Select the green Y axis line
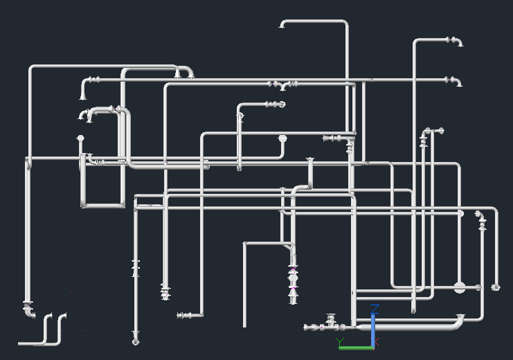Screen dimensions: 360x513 [x=356, y=347]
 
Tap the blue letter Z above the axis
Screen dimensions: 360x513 [x=375, y=307]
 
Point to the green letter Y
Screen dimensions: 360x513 [x=341, y=341]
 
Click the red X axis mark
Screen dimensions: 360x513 [x=377, y=341]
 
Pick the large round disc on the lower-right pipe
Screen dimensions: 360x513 [x=460, y=287]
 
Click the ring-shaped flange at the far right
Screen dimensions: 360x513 [x=496, y=287]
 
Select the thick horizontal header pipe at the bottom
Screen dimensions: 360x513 [x=408, y=325]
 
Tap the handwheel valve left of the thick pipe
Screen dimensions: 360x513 [x=331, y=321]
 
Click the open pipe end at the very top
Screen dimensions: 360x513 [x=282, y=26]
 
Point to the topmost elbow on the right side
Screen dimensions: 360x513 [x=456, y=42]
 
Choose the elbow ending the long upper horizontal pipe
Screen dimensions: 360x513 [x=456, y=82]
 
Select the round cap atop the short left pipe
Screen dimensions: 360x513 [x=80, y=138]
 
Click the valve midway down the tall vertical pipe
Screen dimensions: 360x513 [x=136, y=269]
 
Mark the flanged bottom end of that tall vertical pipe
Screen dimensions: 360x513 [x=136, y=341]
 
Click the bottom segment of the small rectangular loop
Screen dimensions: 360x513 [x=103, y=205]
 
